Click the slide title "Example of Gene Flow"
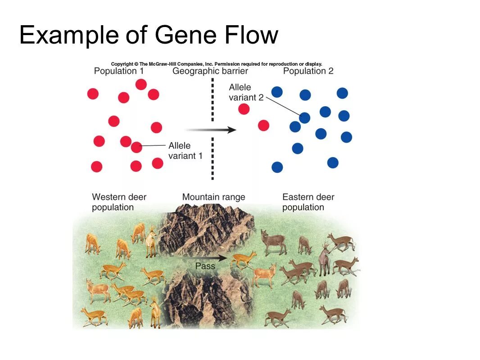click(x=149, y=35)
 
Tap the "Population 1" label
click(x=118, y=71)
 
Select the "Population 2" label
click(x=308, y=71)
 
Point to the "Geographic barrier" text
click(x=210, y=71)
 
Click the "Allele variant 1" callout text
click(x=185, y=151)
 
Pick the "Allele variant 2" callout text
click(x=246, y=92)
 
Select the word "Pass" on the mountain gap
click(x=205, y=266)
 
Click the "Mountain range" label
click(x=213, y=197)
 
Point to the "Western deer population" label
click(x=119, y=202)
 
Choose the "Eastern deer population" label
click(x=308, y=202)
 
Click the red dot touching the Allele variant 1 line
click(x=136, y=147)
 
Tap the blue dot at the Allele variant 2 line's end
click(x=305, y=118)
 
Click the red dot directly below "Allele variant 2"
click(x=244, y=109)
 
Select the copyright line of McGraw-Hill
click(x=217, y=64)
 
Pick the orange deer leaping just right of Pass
click(x=243, y=259)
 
